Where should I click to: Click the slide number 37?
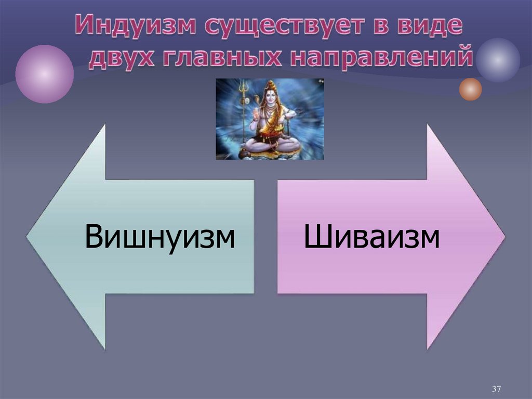click(x=496, y=389)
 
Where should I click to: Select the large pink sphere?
click(x=44, y=74)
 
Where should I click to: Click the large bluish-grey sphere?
click(x=498, y=60)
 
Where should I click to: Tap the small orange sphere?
click(x=470, y=89)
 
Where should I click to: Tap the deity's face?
click(x=271, y=96)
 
